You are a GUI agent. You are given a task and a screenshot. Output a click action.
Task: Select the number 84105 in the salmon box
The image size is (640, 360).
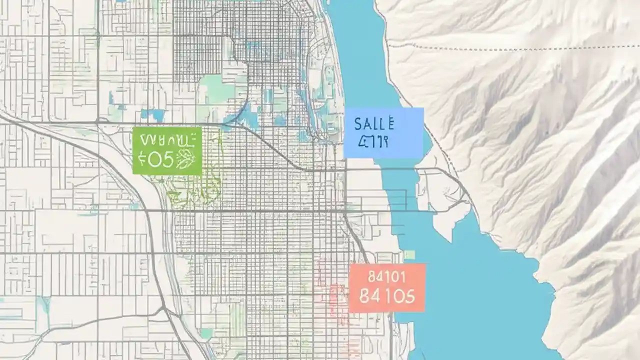(387, 296)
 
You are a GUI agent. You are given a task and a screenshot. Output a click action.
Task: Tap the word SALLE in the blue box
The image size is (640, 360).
(374, 123)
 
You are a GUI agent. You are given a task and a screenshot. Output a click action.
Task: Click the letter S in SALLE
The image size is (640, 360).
(357, 123)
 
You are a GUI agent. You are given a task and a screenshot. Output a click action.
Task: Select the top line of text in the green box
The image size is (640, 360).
(166, 139)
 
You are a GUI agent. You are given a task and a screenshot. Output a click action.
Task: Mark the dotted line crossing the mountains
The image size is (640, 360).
(500, 48)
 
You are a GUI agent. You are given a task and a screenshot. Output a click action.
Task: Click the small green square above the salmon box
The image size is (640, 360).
(410, 255)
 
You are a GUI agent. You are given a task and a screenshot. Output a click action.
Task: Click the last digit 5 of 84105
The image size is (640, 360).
(409, 296)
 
